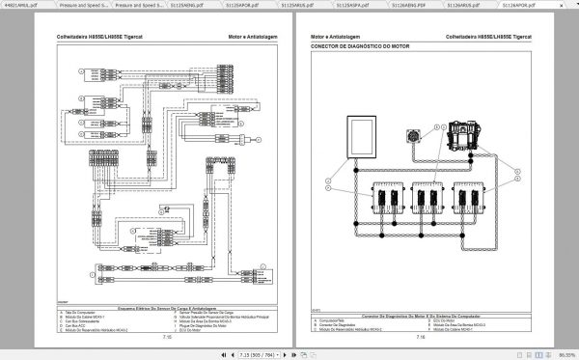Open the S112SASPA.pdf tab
click(363, 5)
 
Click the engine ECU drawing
click(467, 133)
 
